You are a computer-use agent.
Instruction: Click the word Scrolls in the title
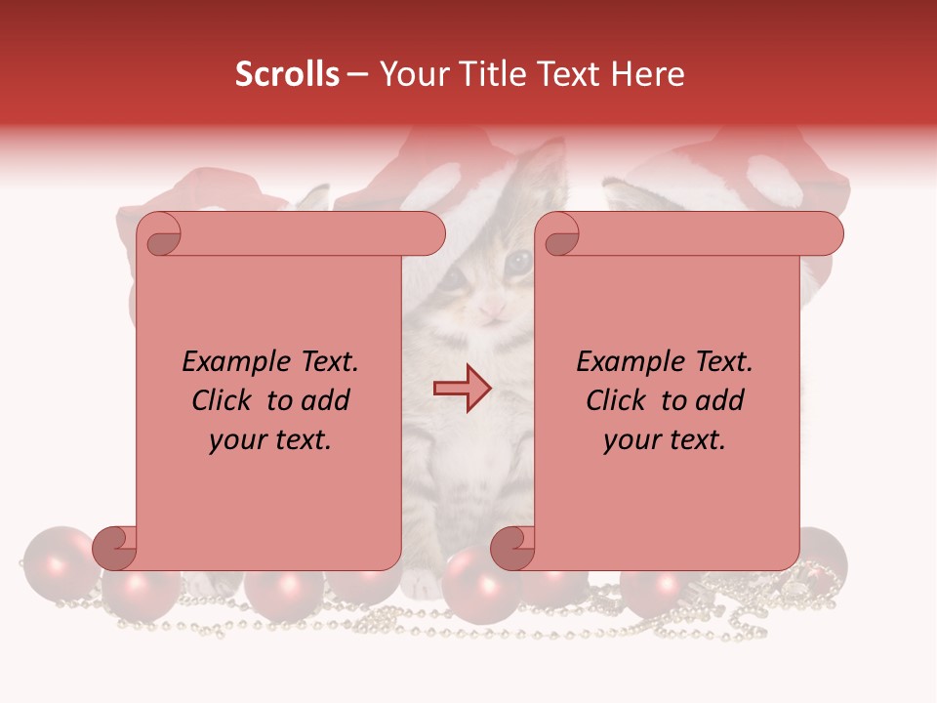(x=288, y=74)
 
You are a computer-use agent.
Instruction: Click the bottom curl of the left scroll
(x=116, y=548)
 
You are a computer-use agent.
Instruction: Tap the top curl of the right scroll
(x=559, y=235)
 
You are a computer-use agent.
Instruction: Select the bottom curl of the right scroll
(x=513, y=548)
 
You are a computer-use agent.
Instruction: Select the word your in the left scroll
(x=236, y=440)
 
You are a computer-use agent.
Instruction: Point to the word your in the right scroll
(x=631, y=440)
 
